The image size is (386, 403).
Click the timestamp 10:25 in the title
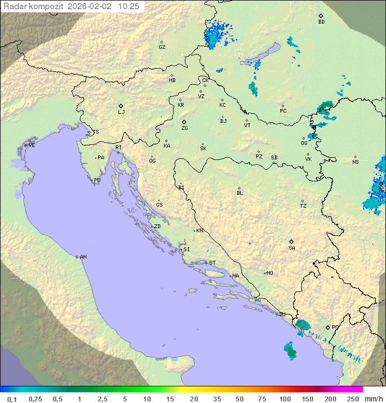[x=129, y=6]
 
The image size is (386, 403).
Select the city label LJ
[x=121, y=112]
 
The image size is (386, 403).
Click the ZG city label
[x=184, y=128]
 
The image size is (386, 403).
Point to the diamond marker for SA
[x=292, y=241]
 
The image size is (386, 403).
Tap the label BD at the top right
[x=321, y=22]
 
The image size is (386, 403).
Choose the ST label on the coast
[x=212, y=263]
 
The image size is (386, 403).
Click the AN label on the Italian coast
[x=83, y=257]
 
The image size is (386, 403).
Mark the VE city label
[x=32, y=145]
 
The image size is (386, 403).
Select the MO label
[x=270, y=273]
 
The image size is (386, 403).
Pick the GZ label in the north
[x=162, y=47]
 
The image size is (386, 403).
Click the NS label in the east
[x=355, y=162]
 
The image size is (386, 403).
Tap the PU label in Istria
[x=97, y=180]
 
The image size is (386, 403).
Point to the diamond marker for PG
[x=328, y=327]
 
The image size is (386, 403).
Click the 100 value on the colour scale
[x=285, y=399]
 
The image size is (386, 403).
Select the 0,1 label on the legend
[x=12, y=399]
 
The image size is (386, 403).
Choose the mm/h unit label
[x=372, y=399]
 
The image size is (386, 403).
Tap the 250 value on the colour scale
[x=353, y=399]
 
